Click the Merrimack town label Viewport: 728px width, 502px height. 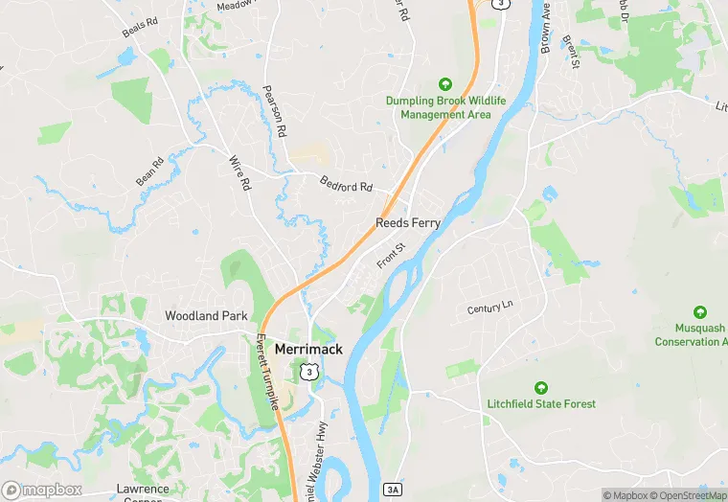click(x=308, y=350)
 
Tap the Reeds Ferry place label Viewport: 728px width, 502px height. click(x=408, y=222)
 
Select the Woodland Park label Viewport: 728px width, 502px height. click(x=206, y=315)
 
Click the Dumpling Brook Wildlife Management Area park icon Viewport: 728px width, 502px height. click(x=444, y=84)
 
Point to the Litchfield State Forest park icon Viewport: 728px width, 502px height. click(x=541, y=388)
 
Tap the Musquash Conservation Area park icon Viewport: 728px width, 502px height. click(x=699, y=311)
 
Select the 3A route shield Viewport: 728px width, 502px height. click(x=394, y=490)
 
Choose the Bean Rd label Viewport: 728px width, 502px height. click(x=149, y=171)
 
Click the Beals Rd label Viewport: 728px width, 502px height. click(x=139, y=28)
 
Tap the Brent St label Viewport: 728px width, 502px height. click(x=572, y=53)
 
